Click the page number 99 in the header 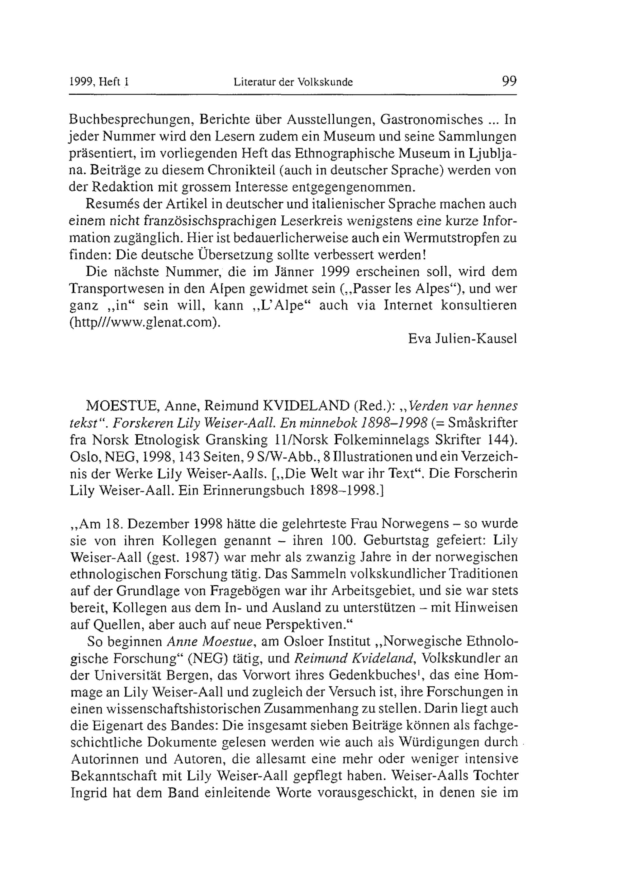click(509, 82)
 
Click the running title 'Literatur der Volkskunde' click(293, 82)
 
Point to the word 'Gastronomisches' click(431, 120)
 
